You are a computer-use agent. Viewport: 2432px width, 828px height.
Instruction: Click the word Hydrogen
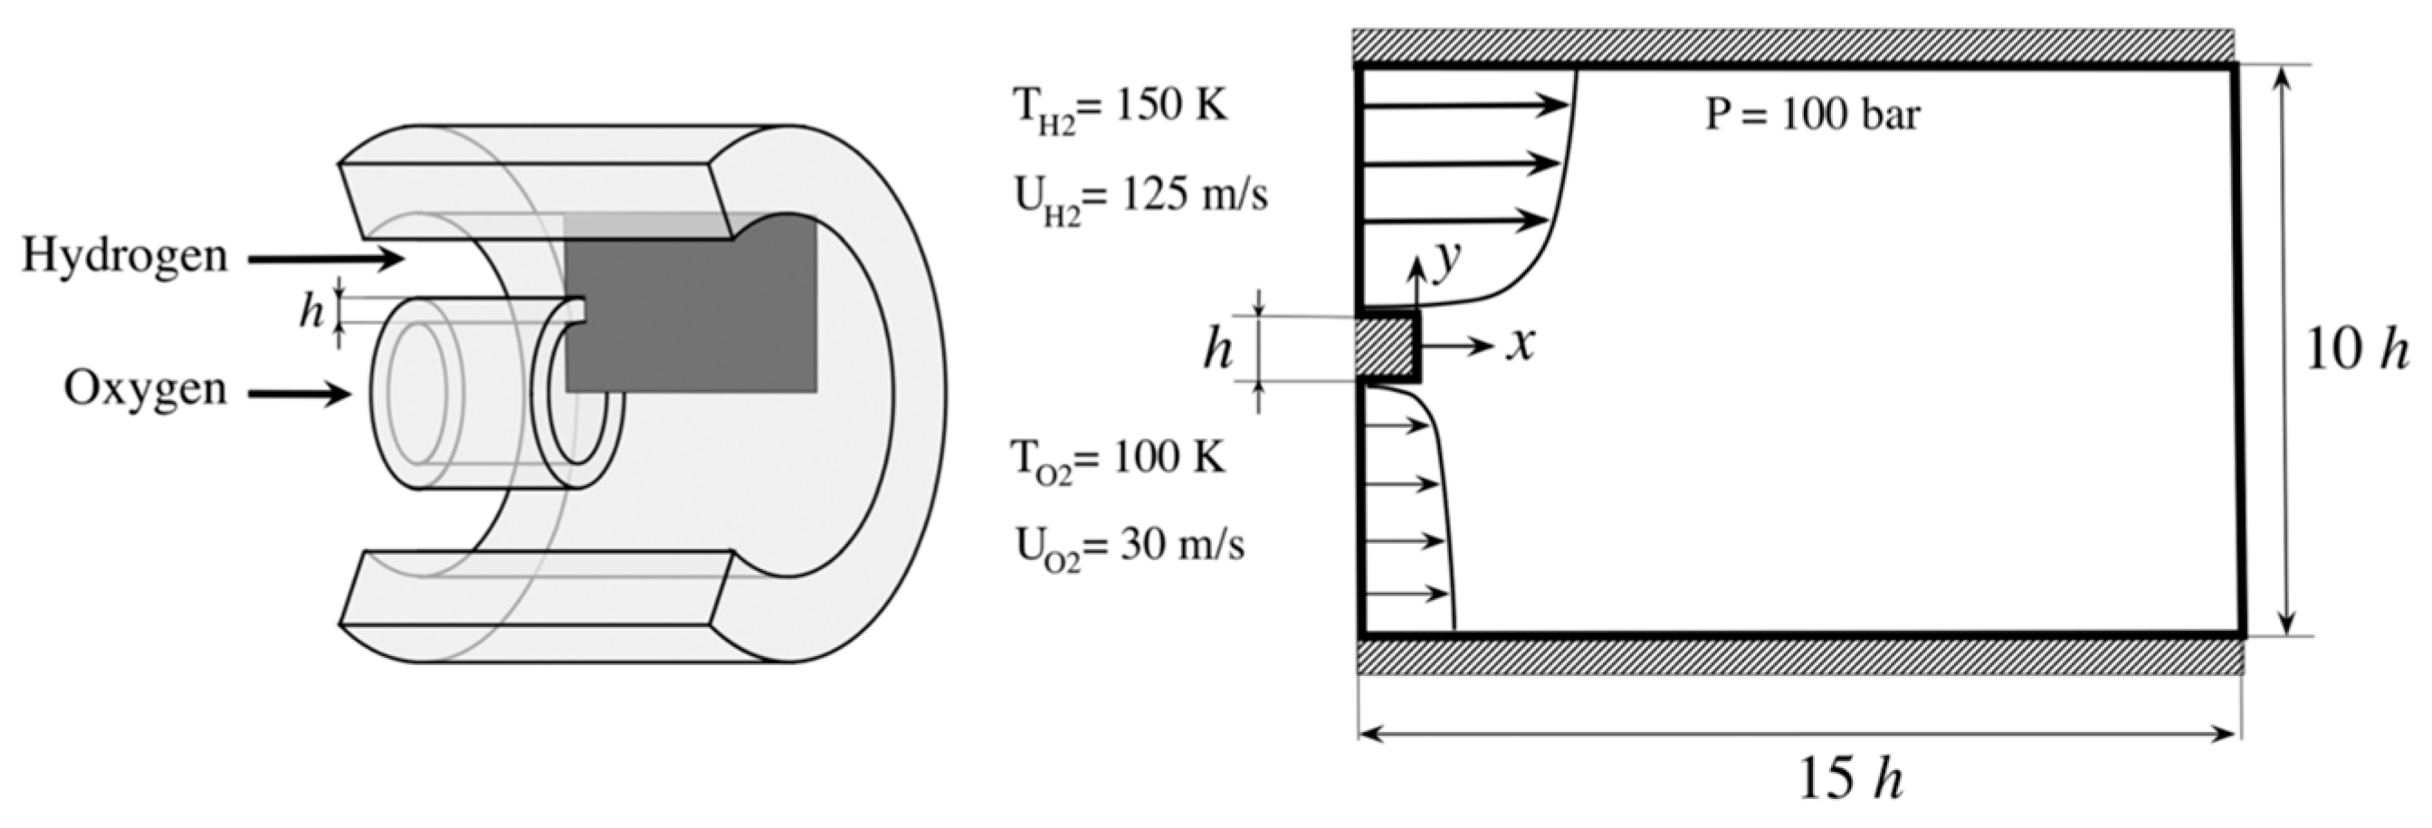point(125,256)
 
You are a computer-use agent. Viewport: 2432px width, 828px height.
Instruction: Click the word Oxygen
point(146,388)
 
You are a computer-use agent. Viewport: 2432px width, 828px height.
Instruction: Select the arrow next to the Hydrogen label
point(326,259)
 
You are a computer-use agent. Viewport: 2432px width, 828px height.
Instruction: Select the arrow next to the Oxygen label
point(300,393)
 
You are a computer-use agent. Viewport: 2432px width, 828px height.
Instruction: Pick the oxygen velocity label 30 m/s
point(1130,547)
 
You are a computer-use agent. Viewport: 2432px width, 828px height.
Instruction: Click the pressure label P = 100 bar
point(1812,115)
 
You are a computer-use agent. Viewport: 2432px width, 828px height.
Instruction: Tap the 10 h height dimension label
point(2357,350)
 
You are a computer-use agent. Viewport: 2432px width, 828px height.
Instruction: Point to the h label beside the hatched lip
point(1218,350)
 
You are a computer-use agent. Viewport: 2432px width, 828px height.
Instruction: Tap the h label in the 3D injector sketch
point(310,310)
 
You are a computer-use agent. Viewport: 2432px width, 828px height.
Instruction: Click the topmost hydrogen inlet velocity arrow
point(1464,105)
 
